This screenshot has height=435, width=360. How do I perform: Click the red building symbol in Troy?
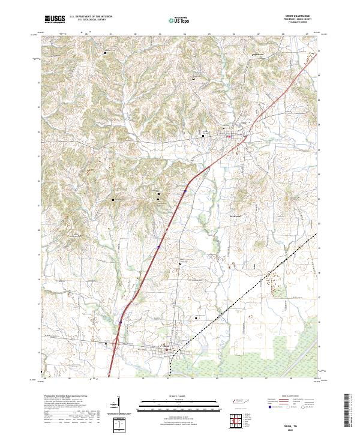coord(230,136)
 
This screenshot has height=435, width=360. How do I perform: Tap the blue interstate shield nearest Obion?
coord(120,322)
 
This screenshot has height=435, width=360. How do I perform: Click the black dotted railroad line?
coord(264,276)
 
